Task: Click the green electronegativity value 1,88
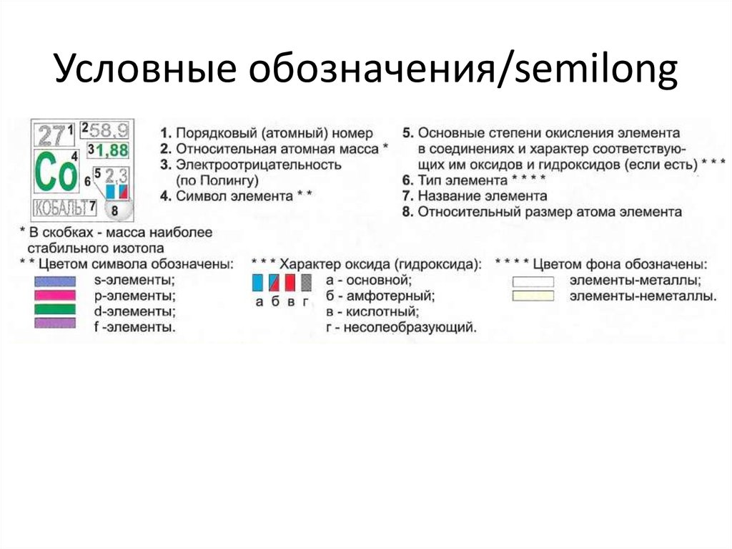[x=111, y=150]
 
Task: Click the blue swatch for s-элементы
[x=54, y=281]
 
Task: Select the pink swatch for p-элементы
[x=54, y=295]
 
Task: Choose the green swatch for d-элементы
[x=54, y=309]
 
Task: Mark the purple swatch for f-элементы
[x=54, y=324]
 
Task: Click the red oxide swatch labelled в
[x=290, y=281]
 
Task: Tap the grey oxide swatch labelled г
[x=307, y=281]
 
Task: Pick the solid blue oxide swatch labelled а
[x=257, y=281]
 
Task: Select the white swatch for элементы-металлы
[x=533, y=281]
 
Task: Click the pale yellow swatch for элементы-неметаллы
[x=533, y=295]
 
